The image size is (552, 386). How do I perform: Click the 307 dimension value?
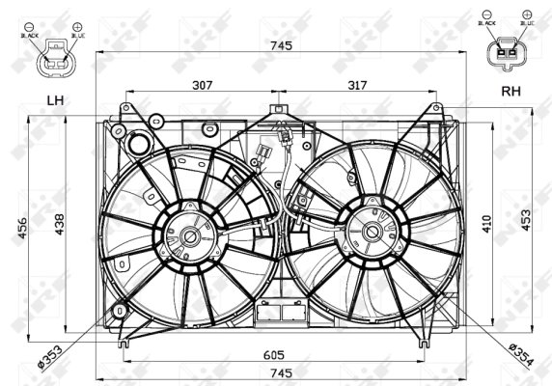201,85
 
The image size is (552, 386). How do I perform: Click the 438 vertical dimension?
59,225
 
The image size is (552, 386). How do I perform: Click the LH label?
55,99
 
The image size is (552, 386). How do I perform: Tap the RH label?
509,93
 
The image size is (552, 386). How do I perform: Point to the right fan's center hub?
373,232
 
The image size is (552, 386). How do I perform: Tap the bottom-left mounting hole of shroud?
120,311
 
